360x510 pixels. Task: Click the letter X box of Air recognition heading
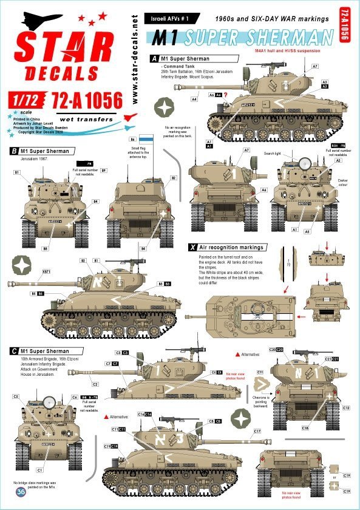tap(192, 248)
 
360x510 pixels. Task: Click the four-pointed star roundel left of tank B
tap(22, 264)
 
